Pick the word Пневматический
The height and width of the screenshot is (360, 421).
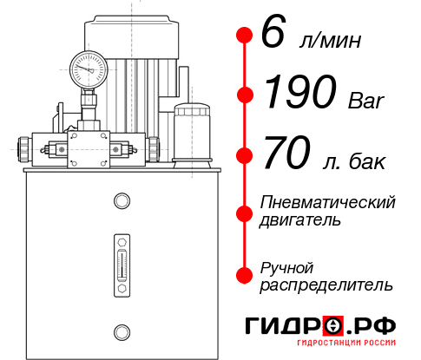coord(328,202)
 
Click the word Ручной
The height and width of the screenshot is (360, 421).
coord(286,266)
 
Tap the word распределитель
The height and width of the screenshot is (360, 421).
coord(326,285)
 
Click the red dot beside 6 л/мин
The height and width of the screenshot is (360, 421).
coord(244,36)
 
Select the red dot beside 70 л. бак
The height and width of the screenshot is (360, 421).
coord(244,157)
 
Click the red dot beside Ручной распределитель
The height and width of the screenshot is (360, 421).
coord(244,275)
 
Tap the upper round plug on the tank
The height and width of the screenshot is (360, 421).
coord(121,202)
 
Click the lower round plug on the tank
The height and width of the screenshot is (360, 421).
coord(121,331)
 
